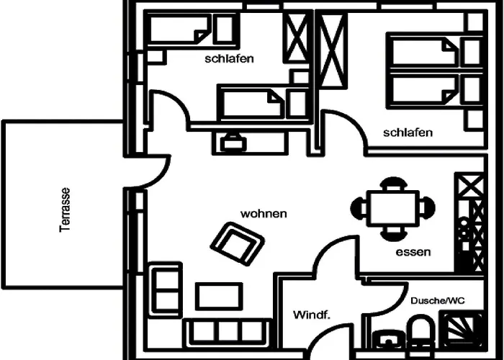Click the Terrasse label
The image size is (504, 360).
65,210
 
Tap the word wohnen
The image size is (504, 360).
264,214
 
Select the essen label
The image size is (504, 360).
413,252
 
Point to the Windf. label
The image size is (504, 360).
312,315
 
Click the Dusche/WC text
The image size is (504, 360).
438,301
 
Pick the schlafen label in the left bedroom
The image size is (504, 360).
229,59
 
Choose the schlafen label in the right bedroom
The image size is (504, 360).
408,132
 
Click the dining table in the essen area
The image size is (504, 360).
393,208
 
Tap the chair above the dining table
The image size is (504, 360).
393,184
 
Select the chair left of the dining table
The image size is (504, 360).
359,208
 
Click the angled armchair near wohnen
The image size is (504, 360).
237,243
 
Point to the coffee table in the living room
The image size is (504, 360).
219,296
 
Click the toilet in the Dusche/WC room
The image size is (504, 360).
422,331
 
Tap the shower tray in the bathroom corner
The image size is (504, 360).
461,329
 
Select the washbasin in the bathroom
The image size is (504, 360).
388,339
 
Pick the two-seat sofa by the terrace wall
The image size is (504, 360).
165,290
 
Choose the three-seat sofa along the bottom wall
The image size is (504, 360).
228,333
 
